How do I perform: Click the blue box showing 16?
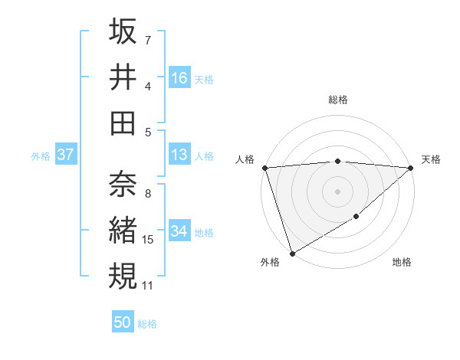[x=179, y=78]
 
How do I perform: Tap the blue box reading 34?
[x=179, y=231]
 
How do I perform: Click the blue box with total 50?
[x=123, y=322]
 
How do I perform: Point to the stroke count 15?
[x=149, y=241]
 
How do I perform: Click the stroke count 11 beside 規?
[x=149, y=286]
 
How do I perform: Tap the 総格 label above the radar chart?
[x=338, y=100]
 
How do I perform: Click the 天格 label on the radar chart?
[x=432, y=159]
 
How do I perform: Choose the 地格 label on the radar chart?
[x=402, y=263]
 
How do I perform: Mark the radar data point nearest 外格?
[x=292, y=254]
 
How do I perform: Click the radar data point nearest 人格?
[x=264, y=167]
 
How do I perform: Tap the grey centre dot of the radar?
[x=337, y=191]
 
